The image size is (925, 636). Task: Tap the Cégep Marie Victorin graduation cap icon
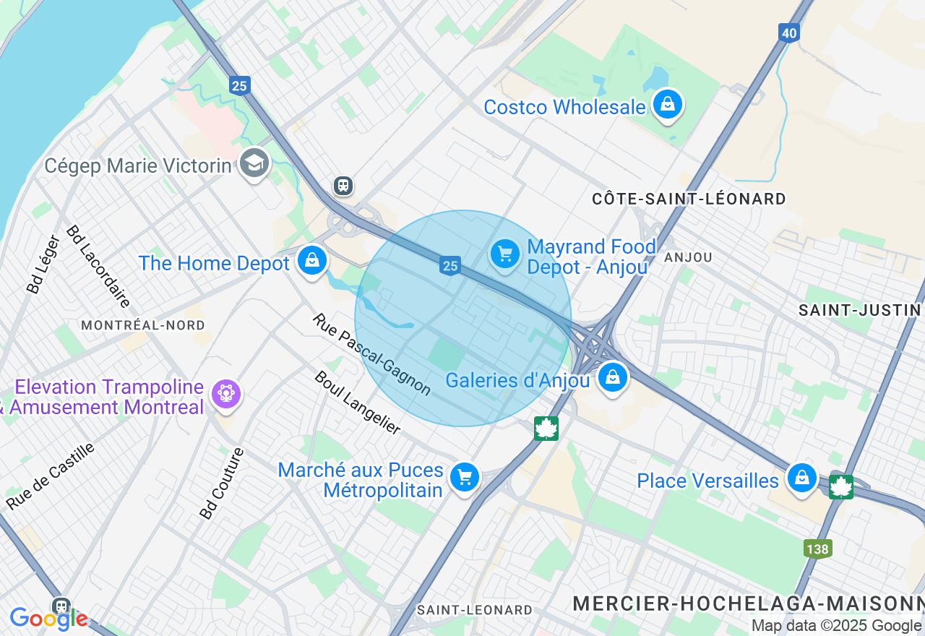(x=254, y=164)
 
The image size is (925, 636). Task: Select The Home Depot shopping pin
(x=312, y=261)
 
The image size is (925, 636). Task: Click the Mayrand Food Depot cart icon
(x=505, y=254)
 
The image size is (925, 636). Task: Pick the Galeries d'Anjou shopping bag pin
(x=613, y=377)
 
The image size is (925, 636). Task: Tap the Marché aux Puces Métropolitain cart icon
(x=465, y=478)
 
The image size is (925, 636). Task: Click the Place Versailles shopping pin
(x=801, y=478)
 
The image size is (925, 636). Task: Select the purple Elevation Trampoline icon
(x=226, y=395)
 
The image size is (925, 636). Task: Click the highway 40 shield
(x=788, y=33)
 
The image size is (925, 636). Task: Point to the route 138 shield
(x=818, y=549)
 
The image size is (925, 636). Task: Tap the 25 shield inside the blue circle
(x=450, y=266)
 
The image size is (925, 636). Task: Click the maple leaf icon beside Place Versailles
(x=841, y=486)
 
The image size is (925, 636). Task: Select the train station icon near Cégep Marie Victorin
(x=343, y=186)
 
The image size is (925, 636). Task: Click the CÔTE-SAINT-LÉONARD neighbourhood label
(x=689, y=199)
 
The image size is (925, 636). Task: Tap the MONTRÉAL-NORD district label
(x=143, y=325)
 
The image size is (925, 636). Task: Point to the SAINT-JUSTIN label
(x=859, y=310)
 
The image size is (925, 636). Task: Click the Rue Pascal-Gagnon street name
(x=372, y=354)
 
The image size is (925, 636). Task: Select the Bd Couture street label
(x=223, y=483)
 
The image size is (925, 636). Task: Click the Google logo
(x=49, y=619)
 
